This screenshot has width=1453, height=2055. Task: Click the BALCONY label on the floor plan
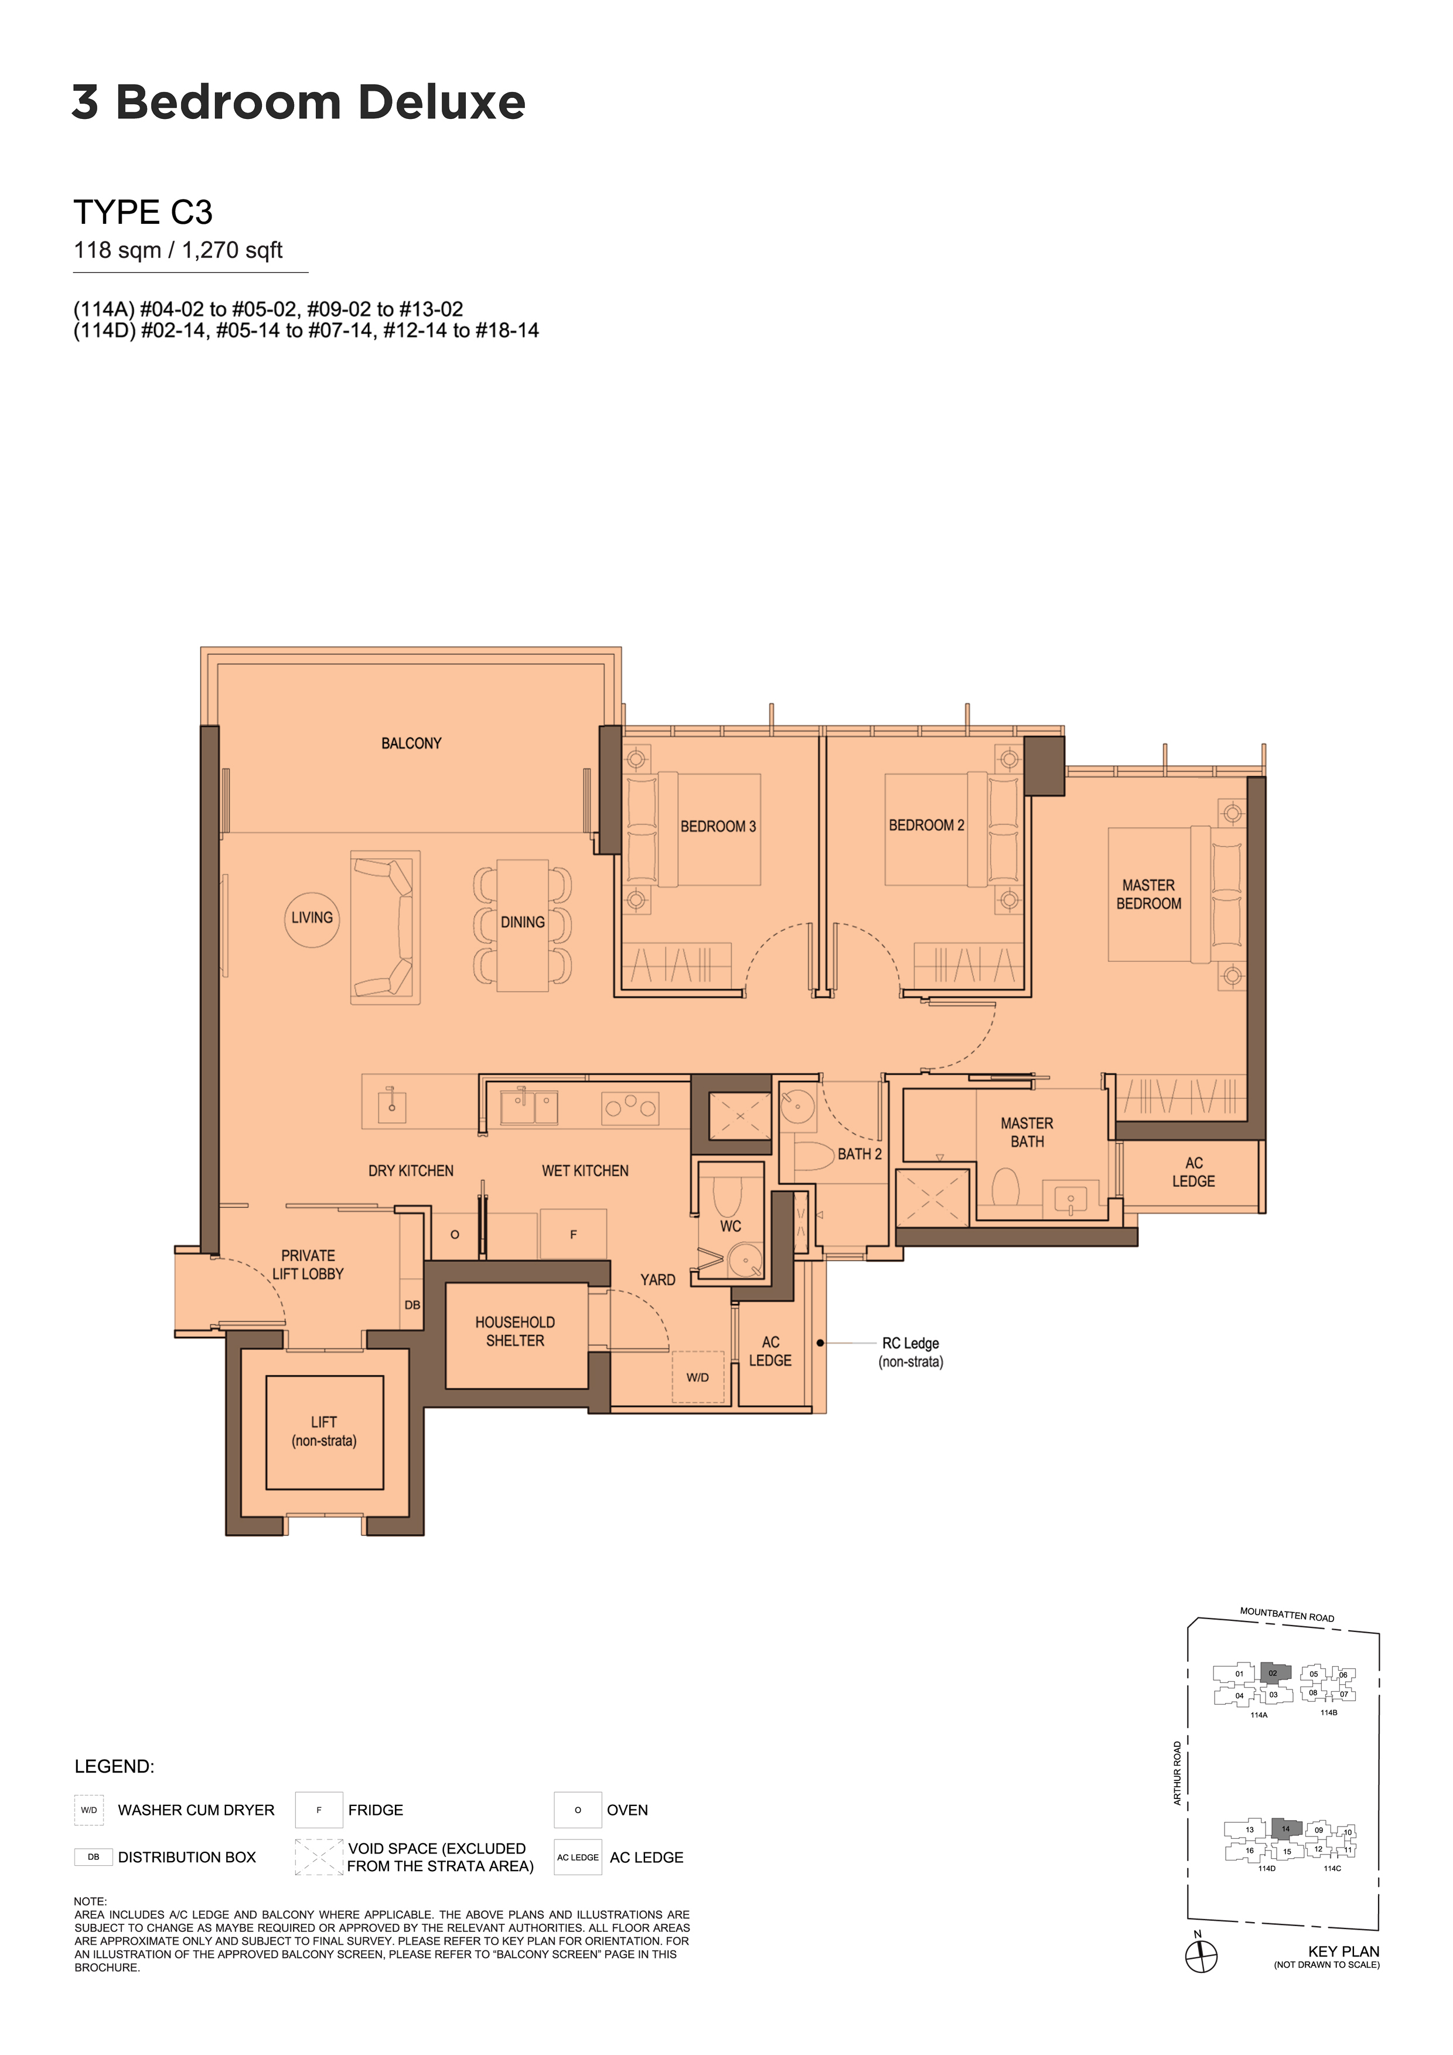click(411, 743)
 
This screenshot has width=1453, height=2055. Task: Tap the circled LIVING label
click(312, 919)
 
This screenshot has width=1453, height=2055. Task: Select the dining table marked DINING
click(523, 926)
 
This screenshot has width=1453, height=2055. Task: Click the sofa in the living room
click(385, 927)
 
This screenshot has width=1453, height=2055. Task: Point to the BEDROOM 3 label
click(718, 826)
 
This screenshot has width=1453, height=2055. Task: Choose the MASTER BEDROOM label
click(1148, 894)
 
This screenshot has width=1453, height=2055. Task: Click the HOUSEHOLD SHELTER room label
click(515, 1331)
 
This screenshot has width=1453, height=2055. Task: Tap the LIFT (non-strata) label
click(324, 1431)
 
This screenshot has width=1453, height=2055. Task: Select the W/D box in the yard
click(698, 1377)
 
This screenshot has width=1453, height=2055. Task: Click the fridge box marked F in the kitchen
click(573, 1234)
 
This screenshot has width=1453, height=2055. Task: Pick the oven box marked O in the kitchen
click(455, 1234)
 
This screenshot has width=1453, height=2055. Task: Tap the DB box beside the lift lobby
click(412, 1305)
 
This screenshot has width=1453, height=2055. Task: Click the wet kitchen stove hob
click(630, 1108)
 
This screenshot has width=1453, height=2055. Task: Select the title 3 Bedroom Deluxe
click(298, 102)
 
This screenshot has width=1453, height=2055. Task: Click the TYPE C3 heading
click(143, 212)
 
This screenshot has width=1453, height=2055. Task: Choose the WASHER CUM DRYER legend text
click(196, 1810)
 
